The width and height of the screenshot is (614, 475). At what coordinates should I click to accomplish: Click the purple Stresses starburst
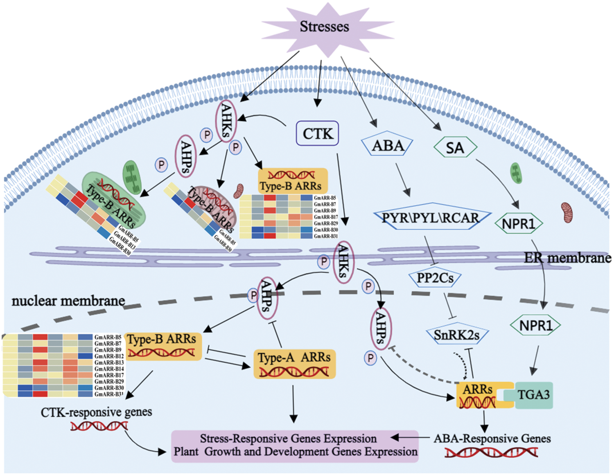click(325, 27)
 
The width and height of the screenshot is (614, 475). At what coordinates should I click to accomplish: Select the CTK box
click(318, 133)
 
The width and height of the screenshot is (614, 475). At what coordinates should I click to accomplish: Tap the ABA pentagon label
click(387, 145)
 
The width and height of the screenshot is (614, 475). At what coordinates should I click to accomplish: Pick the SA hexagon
click(455, 148)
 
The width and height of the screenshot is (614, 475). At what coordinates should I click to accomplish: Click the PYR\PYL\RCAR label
click(431, 217)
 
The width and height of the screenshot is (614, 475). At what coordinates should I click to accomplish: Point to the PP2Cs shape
click(435, 278)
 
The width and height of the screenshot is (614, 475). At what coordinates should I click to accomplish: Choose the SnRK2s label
click(457, 335)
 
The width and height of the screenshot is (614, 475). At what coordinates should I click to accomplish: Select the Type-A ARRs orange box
click(294, 363)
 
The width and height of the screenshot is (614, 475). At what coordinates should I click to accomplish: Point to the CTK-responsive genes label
click(96, 412)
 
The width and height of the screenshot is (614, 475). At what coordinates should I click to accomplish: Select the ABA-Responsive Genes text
click(492, 439)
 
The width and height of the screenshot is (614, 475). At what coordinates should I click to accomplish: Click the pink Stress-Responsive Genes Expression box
click(295, 446)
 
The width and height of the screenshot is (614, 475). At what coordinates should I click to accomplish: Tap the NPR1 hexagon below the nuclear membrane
click(535, 326)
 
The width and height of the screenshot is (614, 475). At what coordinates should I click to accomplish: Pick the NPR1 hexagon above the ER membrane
click(518, 223)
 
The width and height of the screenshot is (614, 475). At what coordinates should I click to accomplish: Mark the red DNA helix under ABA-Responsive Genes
click(491, 452)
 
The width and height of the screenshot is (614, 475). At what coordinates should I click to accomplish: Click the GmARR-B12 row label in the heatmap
click(109, 356)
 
